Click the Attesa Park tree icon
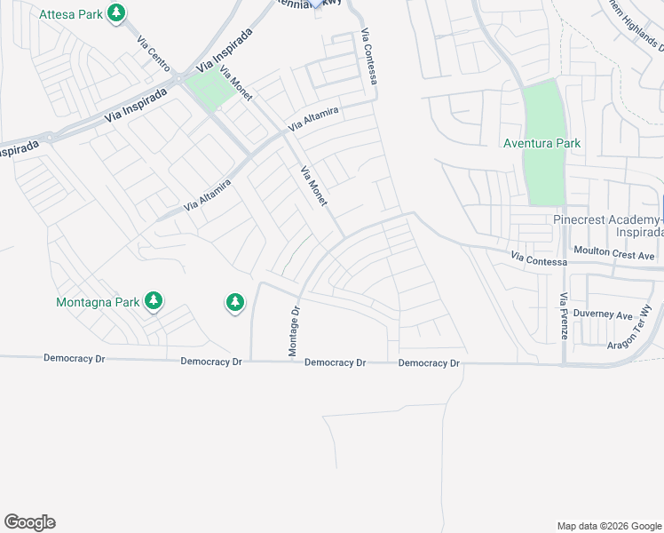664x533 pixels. click(x=115, y=13)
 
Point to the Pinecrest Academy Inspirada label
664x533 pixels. click(x=608, y=226)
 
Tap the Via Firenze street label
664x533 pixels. click(x=564, y=317)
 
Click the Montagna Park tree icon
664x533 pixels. click(x=154, y=301)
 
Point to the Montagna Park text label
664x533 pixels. click(x=98, y=302)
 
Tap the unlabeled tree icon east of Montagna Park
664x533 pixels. click(x=234, y=304)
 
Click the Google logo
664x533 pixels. click(x=29, y=522)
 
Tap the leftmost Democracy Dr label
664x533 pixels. click(x=75, y=358)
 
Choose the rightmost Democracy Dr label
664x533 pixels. click(x=429, y=363)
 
